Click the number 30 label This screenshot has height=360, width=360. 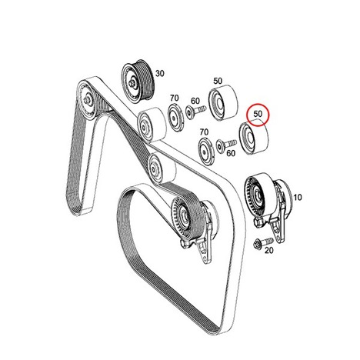(159, 74)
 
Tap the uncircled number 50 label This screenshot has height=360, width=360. (218, 81)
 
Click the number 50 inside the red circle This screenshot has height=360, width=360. (258, 113)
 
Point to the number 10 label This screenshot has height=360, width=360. (298, 197)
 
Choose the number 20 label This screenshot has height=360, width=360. (268, 250)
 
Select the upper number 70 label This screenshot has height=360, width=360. (174, 98)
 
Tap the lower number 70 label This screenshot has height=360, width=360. (204, 132)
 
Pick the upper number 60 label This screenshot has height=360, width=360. (195, 101)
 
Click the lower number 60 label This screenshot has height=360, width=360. (231, 153)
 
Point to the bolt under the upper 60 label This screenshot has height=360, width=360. (195, 112)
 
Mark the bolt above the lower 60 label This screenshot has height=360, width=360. (226, 145)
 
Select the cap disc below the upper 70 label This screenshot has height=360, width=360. (176, 118)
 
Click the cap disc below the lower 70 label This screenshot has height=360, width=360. (206, 152)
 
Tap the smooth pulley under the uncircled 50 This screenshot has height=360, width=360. (222, 102)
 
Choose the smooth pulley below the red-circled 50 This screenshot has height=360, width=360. (253, 137)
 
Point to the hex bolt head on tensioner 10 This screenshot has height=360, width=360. (258, 222)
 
